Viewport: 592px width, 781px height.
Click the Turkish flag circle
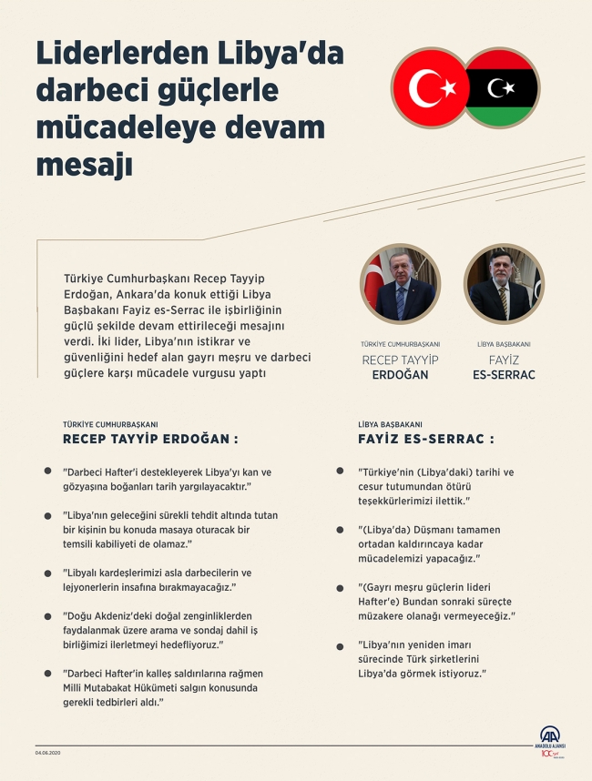[x=429, y=87]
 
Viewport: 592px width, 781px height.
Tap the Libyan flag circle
[x=502, y=87]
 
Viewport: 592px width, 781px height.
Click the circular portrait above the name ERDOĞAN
[x=400, y=284]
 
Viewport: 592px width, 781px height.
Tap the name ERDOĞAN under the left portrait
[x=400, y=375]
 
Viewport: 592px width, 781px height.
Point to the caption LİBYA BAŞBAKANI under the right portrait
[x=504, y=344]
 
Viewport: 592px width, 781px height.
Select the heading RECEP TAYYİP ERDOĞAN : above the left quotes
[x=150, y=439]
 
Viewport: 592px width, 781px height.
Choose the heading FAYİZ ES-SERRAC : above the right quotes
[x=426, y=439]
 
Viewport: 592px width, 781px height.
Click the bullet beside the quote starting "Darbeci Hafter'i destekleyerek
[x=47, y=471]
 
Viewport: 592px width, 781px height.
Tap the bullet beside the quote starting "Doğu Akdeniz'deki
[x=47, y=615]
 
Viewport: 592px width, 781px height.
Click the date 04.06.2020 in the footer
[x=47, y=752]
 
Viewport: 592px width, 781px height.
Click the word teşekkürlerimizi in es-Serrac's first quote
[x=393, y=501]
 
